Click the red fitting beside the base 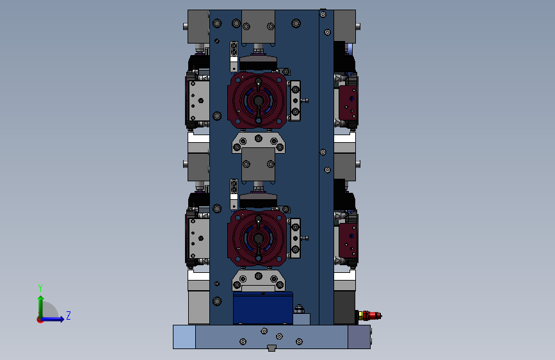point(370,315)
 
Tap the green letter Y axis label point(40,288)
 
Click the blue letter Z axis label point(68,315)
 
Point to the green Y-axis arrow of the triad point(41,307)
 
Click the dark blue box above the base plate point(263,308)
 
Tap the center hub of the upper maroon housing point(259,101)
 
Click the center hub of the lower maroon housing point(259,238)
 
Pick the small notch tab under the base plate point(271,348)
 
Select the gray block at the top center point(259,27)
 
